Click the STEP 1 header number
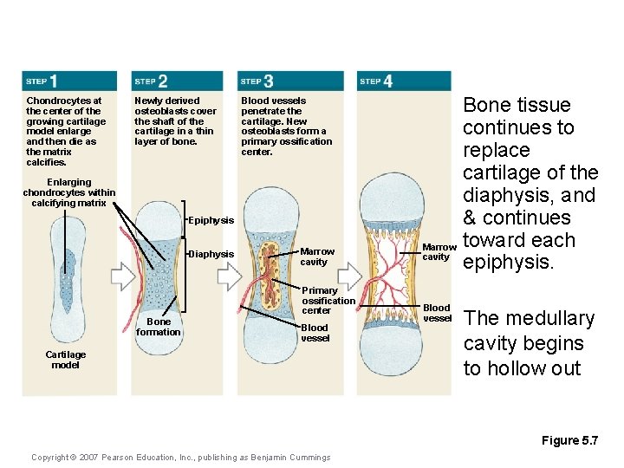(54, 81)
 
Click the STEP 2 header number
(162, 81)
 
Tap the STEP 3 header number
(268, 81)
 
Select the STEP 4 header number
(387, 81)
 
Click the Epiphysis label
(211, 221)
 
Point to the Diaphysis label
(211, 254)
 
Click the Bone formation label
(159, 327)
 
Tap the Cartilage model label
(66, 360)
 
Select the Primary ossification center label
(328, 300)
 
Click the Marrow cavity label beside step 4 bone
(436, 251)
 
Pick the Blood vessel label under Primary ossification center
(315, 333)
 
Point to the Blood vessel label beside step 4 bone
(437, 313)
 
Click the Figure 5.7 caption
(569, 441)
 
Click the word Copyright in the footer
(53, 458)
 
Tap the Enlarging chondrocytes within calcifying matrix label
(69, 193)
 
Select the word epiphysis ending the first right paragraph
(509, 263)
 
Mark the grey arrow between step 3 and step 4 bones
(338, 276)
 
